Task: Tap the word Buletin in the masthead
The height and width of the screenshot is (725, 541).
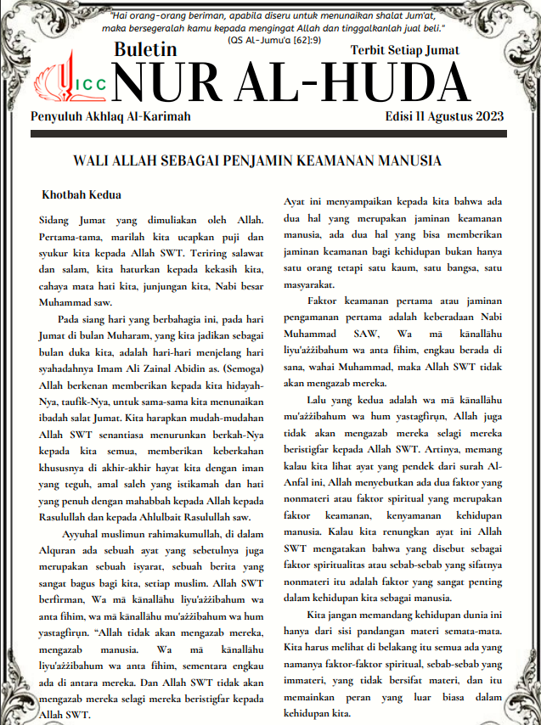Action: (145, 50)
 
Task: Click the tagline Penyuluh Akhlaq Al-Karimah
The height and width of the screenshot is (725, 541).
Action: (110, 116)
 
